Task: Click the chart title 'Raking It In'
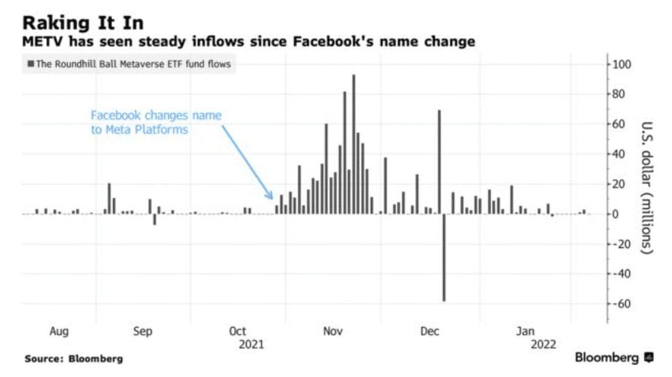point(83,23)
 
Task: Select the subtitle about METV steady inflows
point(248,43)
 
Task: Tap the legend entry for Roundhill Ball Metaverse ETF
point(129,64)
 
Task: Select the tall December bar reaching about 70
point(439,162)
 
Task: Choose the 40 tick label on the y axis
point(621,154)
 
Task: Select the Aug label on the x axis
point(58,332)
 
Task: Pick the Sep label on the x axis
point(142,332)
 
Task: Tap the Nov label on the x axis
point(333,332)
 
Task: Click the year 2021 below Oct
point(251,345)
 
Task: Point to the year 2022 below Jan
point(543,345)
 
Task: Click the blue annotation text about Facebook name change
point(156,122)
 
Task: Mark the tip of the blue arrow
point(273,198)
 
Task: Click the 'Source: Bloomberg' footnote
point(74,359)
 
